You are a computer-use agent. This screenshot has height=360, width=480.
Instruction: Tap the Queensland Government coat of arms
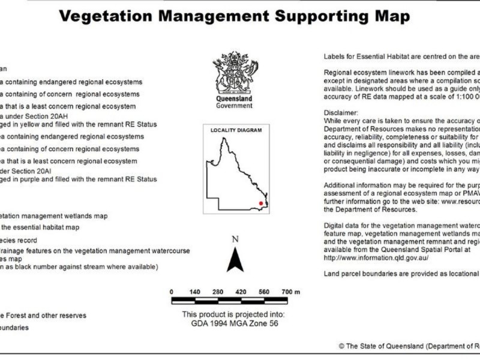coord(233,74)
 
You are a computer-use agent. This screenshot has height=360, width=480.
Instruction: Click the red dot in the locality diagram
coord(260,203)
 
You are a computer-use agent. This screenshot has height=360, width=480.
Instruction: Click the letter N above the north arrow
coord(235,239)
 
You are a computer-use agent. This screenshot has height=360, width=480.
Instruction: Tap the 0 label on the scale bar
coord(172,292)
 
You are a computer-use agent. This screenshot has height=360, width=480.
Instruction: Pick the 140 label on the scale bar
coord(194,292)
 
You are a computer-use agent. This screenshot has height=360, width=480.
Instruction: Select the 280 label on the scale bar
coord(218,292)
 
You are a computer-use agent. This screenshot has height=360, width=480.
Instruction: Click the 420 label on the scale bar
coord(241,292)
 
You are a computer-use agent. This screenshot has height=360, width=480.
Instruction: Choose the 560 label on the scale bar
coord(263,292)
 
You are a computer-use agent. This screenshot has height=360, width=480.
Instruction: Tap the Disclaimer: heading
coord(341,113)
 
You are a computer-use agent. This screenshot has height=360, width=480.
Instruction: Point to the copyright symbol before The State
coord(341,346)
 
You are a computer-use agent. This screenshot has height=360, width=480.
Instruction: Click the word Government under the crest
coord(233,106)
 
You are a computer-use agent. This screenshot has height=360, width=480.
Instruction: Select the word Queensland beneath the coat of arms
coord(233,98)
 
